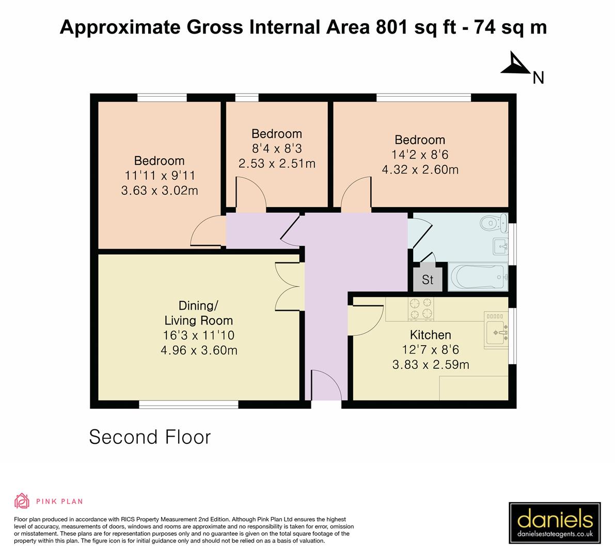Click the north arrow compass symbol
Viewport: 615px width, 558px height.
coord(514,64)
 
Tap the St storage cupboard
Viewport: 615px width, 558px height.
coord(428,280)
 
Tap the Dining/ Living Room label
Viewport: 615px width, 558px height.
coord(198,313)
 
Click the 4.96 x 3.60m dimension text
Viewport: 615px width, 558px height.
coord(199,350)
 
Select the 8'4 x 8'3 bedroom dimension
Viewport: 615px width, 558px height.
coord(277,149)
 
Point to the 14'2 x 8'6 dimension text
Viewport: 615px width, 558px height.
coord(420,154)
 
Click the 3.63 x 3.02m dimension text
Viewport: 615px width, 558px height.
coord(160,191)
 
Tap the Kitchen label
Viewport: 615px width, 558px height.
coord(430,335)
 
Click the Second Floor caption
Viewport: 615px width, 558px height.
coord(150,437)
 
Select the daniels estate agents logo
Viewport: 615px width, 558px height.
coord(555,523)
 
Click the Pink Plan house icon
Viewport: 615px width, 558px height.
coord(22,501)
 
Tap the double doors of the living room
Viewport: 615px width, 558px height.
coord(288,286)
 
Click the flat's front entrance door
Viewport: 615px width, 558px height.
coord(325,385)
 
